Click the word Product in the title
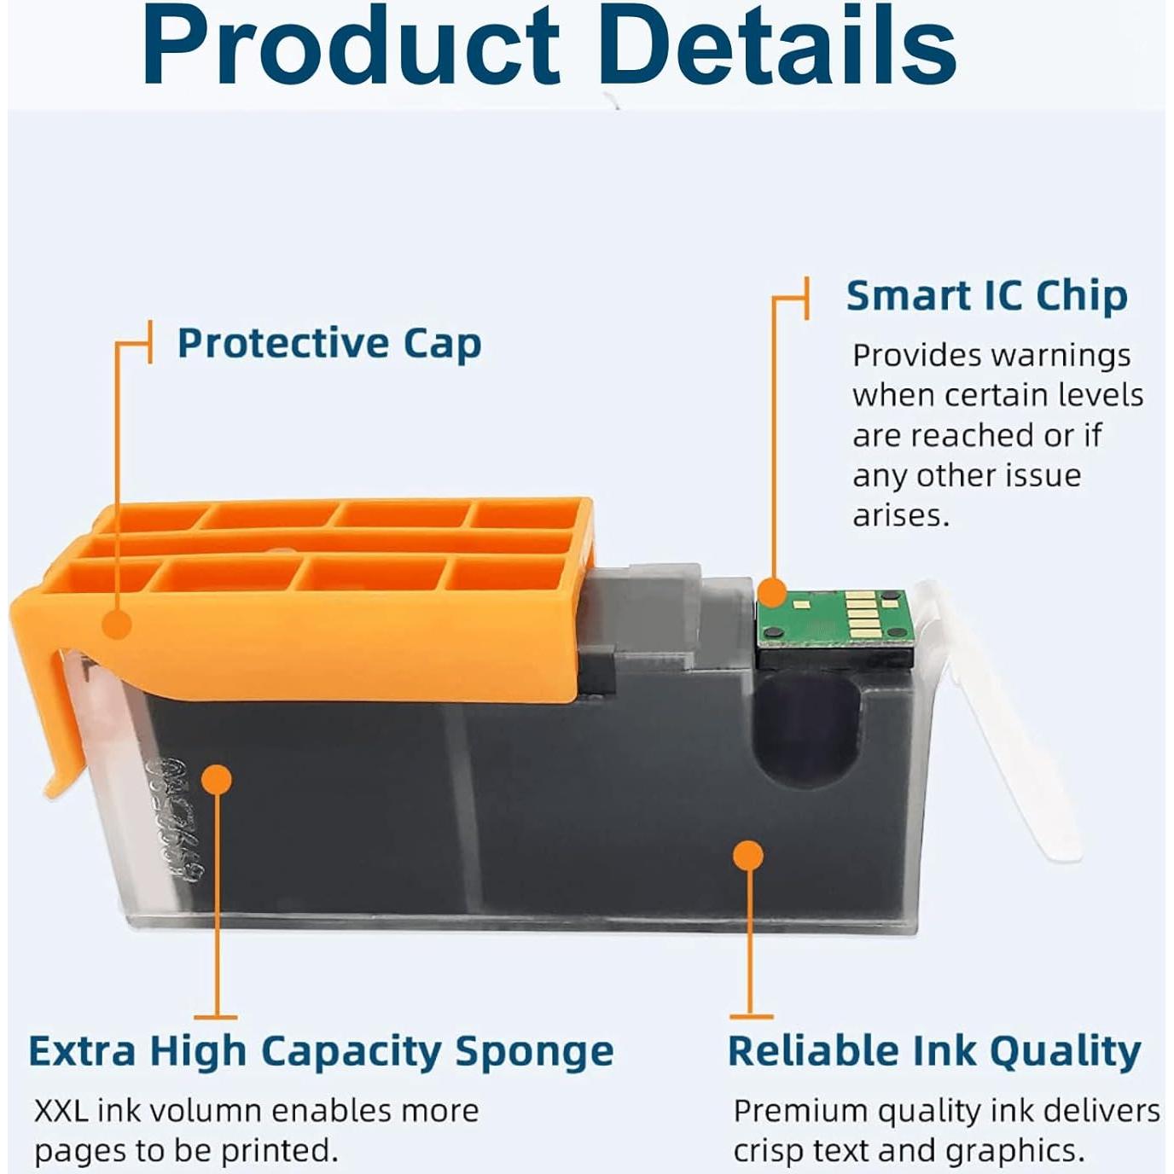pos(351,47)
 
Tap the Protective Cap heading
pos(329,344)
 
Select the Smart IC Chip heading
pos(987,296)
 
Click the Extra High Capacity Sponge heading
pos(321,1051)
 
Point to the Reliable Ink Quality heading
pos(934,1051)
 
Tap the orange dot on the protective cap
pos(117,625)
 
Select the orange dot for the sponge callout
pos(216,779)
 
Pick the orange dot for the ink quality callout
pos(748,856)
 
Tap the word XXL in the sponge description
pos(61,1111)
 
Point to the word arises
pos(901,515)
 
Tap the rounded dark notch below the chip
pos(808,728)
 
